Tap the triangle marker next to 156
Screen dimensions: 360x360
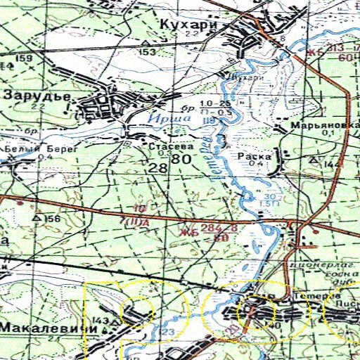click(37, 219)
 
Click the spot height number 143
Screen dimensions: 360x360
click(99, 321)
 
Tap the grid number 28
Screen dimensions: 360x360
click(158, 167)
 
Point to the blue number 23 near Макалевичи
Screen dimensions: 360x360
click(168, 332)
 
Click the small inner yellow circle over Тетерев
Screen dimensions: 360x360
click(251, 311)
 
